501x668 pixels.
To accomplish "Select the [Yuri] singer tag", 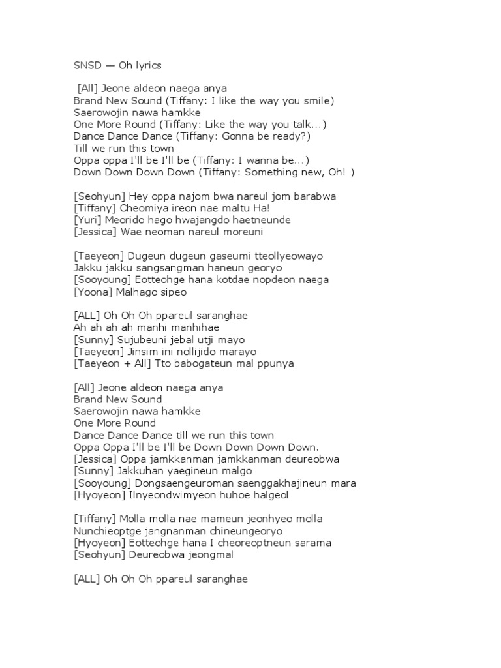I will point(87,220).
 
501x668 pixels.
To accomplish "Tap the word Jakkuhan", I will point(135,470).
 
